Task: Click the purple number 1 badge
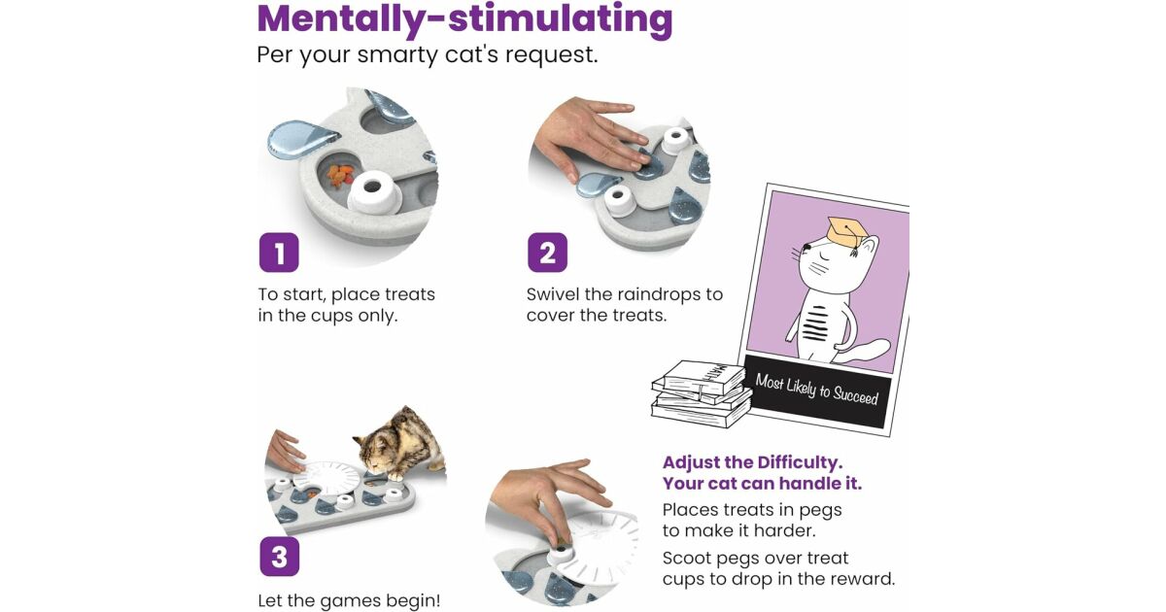point(279,253)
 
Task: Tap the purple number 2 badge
point(548,253)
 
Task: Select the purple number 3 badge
point(280,557)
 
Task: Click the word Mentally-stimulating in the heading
point(464,19)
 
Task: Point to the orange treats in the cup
point(340,176)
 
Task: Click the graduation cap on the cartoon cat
point(847,232)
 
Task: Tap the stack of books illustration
point(701,394)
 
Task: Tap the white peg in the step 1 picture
point(374,193)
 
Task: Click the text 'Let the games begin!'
point(349,600)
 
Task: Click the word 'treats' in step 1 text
point(409,294)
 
